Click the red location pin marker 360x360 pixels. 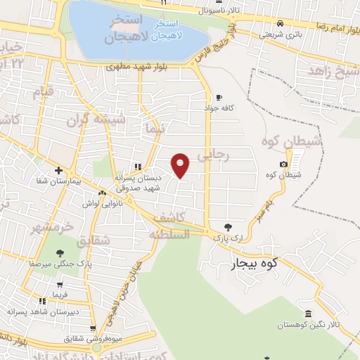coord(181,165)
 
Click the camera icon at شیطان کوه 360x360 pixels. coord(283,165)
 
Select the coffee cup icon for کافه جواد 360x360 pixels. coord(219,98)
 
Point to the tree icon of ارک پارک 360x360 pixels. coord(227,227)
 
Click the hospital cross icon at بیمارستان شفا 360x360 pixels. coord(59,170)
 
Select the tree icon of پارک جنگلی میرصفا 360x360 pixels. coord(59,253)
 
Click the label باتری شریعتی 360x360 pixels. coord(281,33)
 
